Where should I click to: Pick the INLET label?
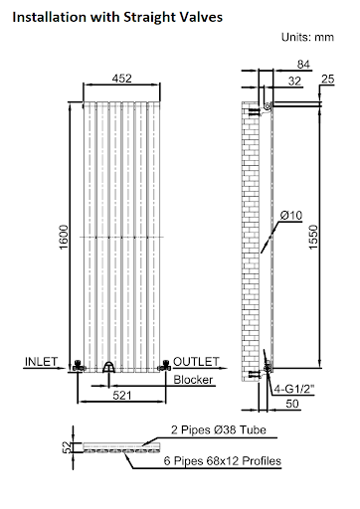point(41,360)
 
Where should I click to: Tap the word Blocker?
point(193,380)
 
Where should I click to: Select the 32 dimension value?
point(294,82)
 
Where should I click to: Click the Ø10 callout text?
point(291,215)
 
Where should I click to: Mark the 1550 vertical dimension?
point(314,237)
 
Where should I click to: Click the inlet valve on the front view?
point(80,368)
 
